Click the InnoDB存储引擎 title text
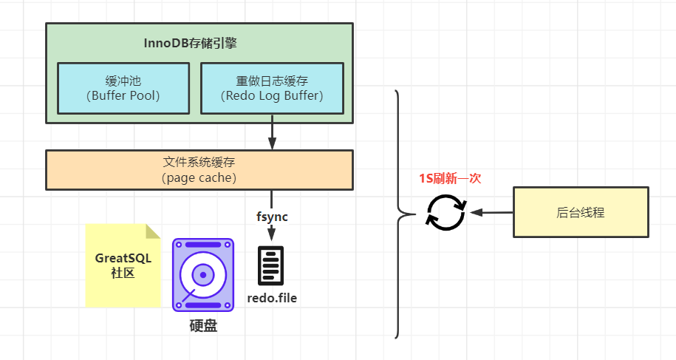pyautogui.click(x=190, y=43)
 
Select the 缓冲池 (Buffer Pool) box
pyautogui.click(x=123, y=88)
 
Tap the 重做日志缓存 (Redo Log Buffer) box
pyautogui.click(x=272, y=88)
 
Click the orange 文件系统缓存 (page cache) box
pyautogui.click(x=198, y=170)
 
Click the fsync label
pyautogui.click(x=272, y=217)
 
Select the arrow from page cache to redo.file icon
pyautogui.click(x=272, y=229)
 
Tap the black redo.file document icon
pyautogui.click(x=271, y=265)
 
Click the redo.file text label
pyautogui.click(x=272, y=299)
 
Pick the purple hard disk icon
pyautogui.click(x=202, y=274)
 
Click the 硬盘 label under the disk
pyautogui.click(x=203, y=325)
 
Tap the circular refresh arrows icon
pyautogui.click(x=445, y=212)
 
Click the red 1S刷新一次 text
pyautogui.click(x=450, y=179)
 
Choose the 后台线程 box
pyautogui.click(x=581, y=212)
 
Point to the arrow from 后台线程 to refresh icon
pyautogui.click(x=491, y=212)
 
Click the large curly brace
pyautogui.click(x=400, y=214)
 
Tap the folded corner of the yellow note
pyautogui.click(x=153, y=231)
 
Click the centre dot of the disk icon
pyautogui.click(x=202, y=274)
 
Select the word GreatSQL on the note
pyautogui.click(x=123, y=258)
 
